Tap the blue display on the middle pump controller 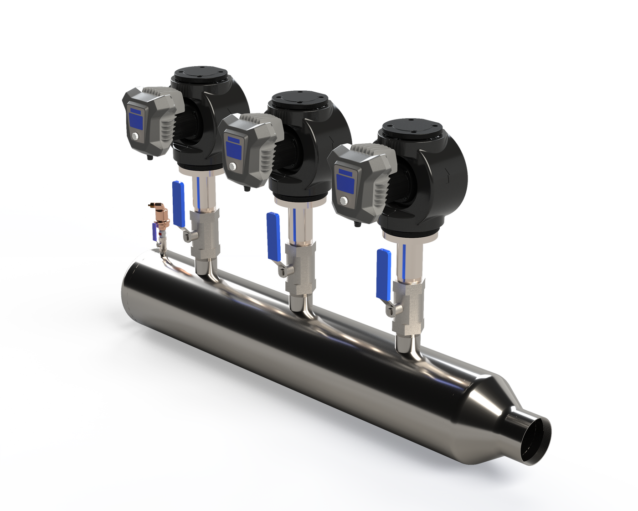coord(234,149)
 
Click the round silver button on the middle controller coord(233,167)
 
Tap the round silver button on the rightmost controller coord(345,200)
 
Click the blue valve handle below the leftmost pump coord(178,203)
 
